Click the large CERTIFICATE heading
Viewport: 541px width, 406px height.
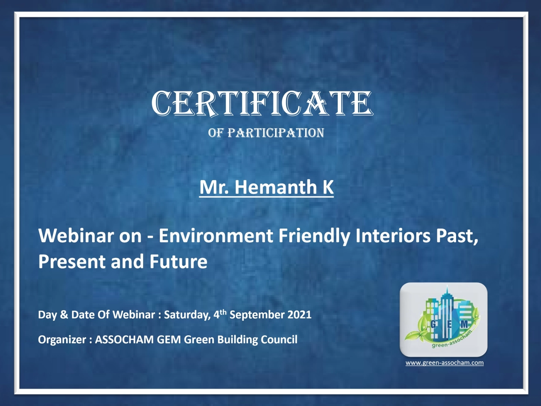[262, 103]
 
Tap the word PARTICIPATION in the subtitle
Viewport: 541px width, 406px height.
[275, 133]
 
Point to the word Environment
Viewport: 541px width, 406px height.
[216, 236]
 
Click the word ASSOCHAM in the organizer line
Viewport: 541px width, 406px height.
[124, 340]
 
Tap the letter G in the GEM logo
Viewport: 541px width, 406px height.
[434, 325]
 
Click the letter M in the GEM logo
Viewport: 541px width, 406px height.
[464, 325]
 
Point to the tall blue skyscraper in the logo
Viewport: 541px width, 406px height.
[446, 313]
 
